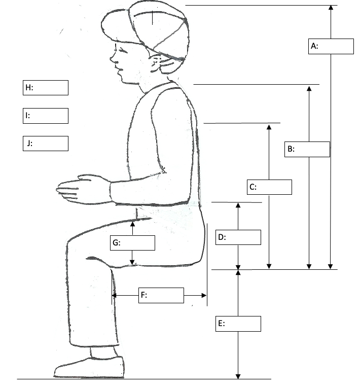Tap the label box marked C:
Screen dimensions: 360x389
tap(270, 187)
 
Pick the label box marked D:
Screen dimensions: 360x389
tap(238, 237)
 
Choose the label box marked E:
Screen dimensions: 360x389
tap(238, 324)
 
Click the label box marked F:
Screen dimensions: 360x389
tap(161, 295)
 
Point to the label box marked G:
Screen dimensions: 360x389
tap(132, 243)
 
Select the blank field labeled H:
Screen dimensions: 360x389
tap(45, 88)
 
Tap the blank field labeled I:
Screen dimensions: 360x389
tap(45, 116)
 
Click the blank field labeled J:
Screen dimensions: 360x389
tap(45, 144)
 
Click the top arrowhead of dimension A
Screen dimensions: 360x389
tap(331, 8)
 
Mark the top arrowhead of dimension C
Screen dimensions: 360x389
tap(269, 127)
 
